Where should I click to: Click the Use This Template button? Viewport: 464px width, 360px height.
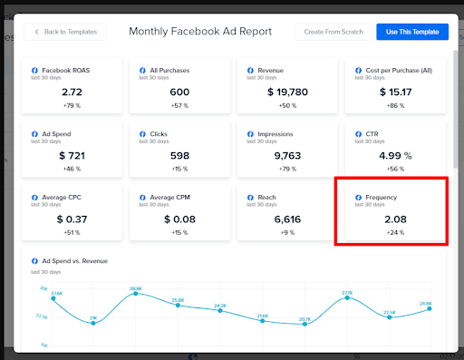[411, 32]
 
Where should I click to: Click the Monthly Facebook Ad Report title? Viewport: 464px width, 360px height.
[200, 32]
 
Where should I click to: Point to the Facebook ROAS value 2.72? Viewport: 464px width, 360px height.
[72, 92]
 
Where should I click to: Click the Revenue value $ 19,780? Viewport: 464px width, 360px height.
[286, 92]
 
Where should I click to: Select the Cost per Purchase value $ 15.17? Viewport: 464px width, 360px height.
[394, 92]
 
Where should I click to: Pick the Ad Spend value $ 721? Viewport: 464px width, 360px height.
[72, 156]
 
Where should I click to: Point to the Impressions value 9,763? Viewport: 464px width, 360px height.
[286, 156]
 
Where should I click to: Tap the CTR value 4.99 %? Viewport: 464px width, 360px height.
[394, 156]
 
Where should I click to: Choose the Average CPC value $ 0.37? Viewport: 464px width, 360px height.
[72, 219]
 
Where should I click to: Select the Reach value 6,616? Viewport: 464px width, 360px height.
[286, 219]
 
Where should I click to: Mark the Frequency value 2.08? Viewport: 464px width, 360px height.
[394, 219]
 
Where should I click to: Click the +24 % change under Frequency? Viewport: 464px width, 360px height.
[394, 233]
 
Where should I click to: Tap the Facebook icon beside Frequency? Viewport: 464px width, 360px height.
[356, 197]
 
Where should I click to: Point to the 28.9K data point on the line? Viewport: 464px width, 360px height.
[136, 293]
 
